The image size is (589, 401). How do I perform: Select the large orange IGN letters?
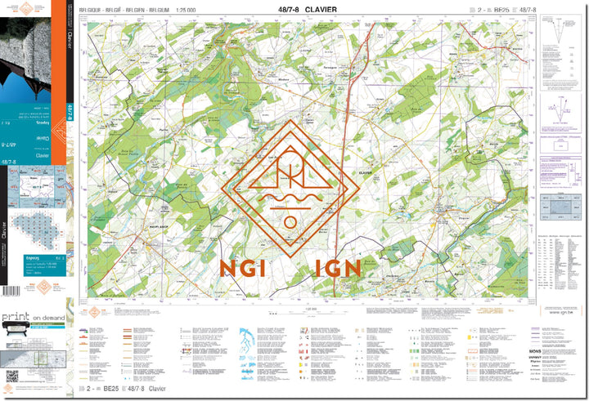[x=333, y=268]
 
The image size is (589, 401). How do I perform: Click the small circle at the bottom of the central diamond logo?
[x=290, y=221]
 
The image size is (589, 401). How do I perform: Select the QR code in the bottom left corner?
[x=11, y=376]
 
